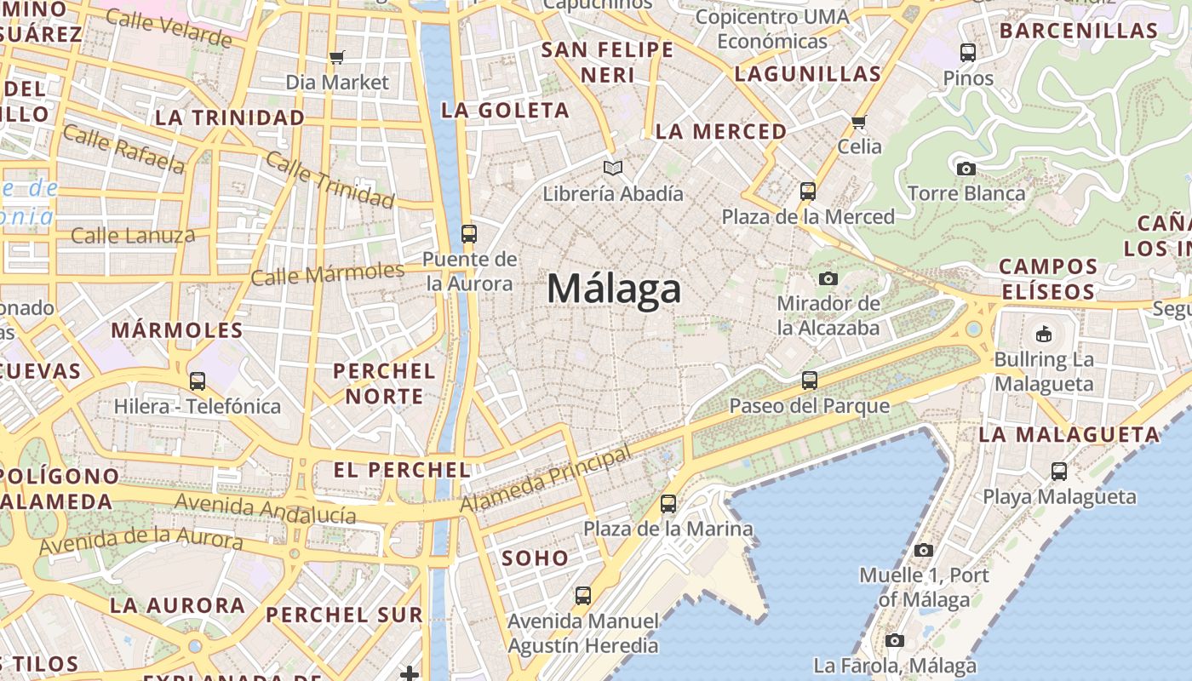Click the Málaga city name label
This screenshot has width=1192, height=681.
point(614,289)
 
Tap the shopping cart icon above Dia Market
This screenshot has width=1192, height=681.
point(337,58)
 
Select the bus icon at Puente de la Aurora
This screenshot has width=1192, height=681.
point(468,234)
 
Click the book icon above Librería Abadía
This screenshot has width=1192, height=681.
point(613,169)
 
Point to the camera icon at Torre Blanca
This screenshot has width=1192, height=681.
point(966,169)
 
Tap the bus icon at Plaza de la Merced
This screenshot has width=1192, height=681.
point(808,192)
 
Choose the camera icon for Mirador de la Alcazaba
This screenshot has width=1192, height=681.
point(828,278)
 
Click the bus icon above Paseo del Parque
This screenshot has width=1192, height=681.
point(809,381)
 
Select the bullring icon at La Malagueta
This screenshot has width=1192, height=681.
point(1044,334)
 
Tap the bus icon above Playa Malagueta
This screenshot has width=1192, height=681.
point(1059,471)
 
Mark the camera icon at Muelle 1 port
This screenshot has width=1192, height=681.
point(924,550)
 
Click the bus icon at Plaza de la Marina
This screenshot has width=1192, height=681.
point(668,504)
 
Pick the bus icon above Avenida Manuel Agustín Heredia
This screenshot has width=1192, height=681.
point(583,596)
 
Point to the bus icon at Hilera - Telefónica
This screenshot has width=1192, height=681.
point(198,381)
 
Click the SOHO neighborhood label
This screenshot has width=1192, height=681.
point(535,558)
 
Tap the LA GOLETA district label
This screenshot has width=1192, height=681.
point(505,110)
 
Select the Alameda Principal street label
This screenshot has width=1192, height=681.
point(547,479)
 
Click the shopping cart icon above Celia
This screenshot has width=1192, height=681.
point(859,122)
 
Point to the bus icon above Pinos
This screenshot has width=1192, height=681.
point(968,53)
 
